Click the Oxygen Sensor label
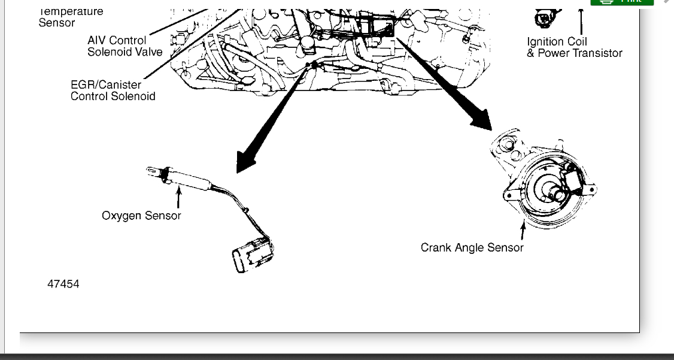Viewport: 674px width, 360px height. click(141, 216)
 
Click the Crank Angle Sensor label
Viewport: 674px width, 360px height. click(472, 247)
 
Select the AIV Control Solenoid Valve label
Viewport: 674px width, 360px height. click(125, 46)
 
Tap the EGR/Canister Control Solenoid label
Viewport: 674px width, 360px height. click(113, 90)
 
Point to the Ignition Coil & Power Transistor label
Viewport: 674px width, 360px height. click(574, 47)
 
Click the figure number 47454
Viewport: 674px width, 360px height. click(63, 284)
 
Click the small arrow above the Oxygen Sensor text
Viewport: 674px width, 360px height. click(178, 196)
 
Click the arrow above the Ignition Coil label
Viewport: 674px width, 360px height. click(580, 22)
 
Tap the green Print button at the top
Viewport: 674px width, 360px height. click(622, 2)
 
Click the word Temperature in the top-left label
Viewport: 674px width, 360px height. click(71, 11)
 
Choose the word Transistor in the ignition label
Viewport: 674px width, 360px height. click(595, 53)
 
